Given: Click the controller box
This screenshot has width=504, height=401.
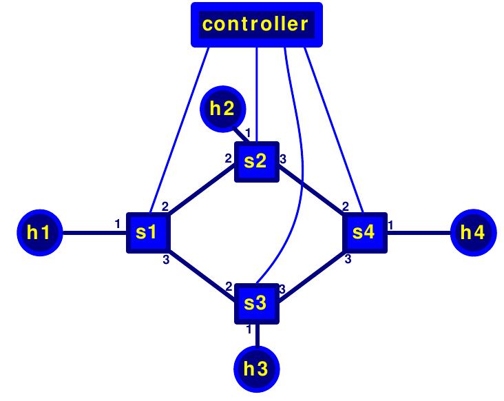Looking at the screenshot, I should click(x=255, y=25).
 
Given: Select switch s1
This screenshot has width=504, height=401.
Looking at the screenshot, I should click(x=147, y=232).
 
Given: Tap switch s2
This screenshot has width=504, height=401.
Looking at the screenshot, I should click(x=256, y=162).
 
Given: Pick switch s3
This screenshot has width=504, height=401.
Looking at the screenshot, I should click(x=256, y=302).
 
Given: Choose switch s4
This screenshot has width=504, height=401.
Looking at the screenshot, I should click(x=364, y=232).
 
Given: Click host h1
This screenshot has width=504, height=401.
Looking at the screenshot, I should click(x=39, y=232).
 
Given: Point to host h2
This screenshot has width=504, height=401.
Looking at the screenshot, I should click(x=222, y=108).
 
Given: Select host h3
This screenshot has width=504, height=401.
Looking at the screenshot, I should click(x=256, y=369).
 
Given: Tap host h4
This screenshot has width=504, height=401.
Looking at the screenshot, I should click(x=472, y=232).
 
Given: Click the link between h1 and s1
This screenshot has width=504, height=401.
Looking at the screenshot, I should click(x=93, y=232).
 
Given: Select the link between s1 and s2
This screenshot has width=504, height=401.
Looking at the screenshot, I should click(x=201, y=197).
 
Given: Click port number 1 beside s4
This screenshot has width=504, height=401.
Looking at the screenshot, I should click(x=390, y=224).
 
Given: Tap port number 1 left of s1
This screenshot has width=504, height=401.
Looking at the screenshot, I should click(x=118, y=223).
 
